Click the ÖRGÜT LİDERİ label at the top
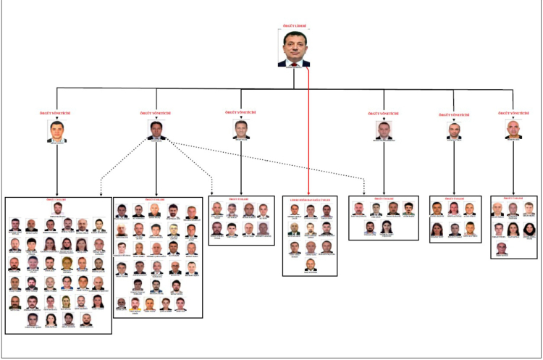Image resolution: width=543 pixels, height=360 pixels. [x=293, y=26]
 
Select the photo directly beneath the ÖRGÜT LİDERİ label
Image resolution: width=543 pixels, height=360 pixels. [x=294, y=48]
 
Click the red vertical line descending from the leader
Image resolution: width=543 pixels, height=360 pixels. [x=309, y=130]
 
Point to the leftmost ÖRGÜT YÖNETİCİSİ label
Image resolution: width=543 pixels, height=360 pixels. [x=56, y=114]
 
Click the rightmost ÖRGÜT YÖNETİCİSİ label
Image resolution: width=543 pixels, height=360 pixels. [x=513, y=114]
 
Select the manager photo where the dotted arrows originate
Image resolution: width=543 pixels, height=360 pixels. [x=156, y=130]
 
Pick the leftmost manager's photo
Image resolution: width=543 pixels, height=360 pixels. [x=57, y=130]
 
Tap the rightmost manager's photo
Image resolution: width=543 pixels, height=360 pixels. [x=513, y=130]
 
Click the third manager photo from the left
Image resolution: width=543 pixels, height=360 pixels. [x=241, y=128]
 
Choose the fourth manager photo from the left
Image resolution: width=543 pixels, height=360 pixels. [x=384, y=130]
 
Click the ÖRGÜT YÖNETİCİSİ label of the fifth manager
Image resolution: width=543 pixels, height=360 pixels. [x=453, y=114]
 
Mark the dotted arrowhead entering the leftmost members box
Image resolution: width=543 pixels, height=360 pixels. [x=99, y=193]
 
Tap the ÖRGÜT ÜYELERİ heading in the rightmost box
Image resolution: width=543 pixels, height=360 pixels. [x=513, y=198]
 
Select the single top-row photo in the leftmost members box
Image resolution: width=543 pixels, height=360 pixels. [x=57, y=209]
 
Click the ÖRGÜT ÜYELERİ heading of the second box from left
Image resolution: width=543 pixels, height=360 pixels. [x=156, y=198]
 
